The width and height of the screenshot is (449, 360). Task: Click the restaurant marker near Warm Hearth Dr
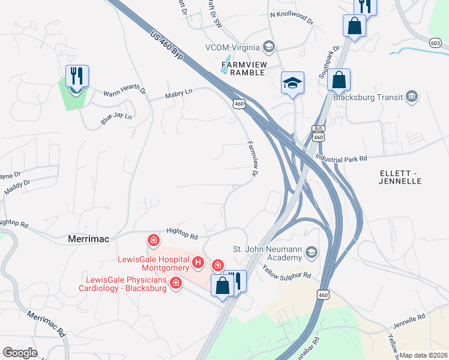pos(77,76)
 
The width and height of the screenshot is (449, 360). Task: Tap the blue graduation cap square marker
pos(293,82)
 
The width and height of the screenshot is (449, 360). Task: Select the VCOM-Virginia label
pos(232,47)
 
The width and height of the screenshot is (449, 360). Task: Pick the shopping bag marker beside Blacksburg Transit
pos(339,80)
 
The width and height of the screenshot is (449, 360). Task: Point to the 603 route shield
pos(436,43)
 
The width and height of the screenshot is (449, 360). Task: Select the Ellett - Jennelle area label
pos(402,177)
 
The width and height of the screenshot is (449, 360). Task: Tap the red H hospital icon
pos(198,262)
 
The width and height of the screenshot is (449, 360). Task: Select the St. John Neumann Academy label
pos(267,253)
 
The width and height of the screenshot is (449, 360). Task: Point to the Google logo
pos(20,353)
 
